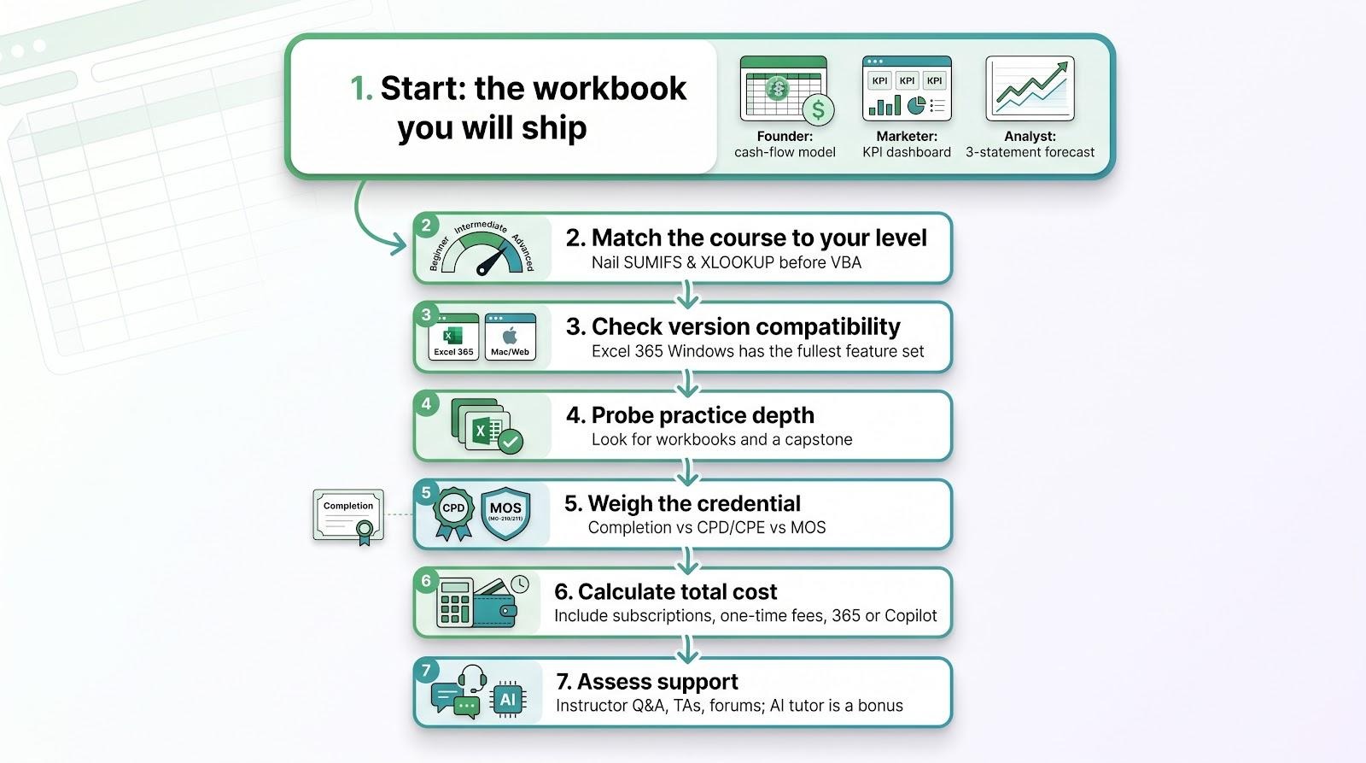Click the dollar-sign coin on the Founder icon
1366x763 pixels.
(x=818, y=110)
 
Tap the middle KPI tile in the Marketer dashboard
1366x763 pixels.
(x=907, y=80)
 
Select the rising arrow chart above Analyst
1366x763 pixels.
(x=1030, y=88)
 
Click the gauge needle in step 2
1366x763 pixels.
(x=492, y=261)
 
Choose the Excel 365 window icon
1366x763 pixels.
(x=453, y=337)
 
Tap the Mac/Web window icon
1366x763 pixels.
(x=510, y=337)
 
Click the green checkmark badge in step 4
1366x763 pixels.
(x=510, y=441)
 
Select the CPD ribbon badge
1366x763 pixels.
(x=453, y=514)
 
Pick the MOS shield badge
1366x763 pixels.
(x=505, y=514)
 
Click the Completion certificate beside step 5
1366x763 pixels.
(x=348, y=516)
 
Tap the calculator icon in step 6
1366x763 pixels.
(x=455, y=603)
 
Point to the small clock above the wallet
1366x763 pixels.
(x=520, y=584)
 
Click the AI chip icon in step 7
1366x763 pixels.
(x=507, y=699)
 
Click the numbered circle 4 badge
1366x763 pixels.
(x=426, y=403)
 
